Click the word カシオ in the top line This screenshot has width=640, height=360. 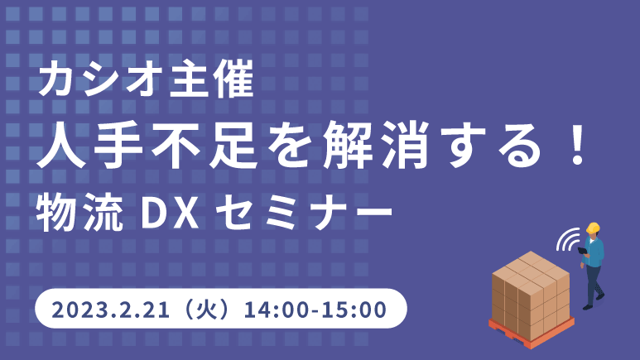[99, 79]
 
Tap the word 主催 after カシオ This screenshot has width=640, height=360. [212, 79]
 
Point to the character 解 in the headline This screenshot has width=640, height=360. [348, 146]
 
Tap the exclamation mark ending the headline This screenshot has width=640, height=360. [578, 146]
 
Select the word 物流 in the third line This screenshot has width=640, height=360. [79, 213]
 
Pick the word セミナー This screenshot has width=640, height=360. [304, 213]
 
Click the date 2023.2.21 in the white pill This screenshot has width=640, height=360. [110, 310]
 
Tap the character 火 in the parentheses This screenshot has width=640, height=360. [207, 310]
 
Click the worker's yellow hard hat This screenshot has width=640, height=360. [593, 228]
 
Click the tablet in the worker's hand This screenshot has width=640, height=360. [582, 250]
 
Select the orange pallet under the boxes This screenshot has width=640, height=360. [532, 333]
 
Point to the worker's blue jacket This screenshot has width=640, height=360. [594, 252]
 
